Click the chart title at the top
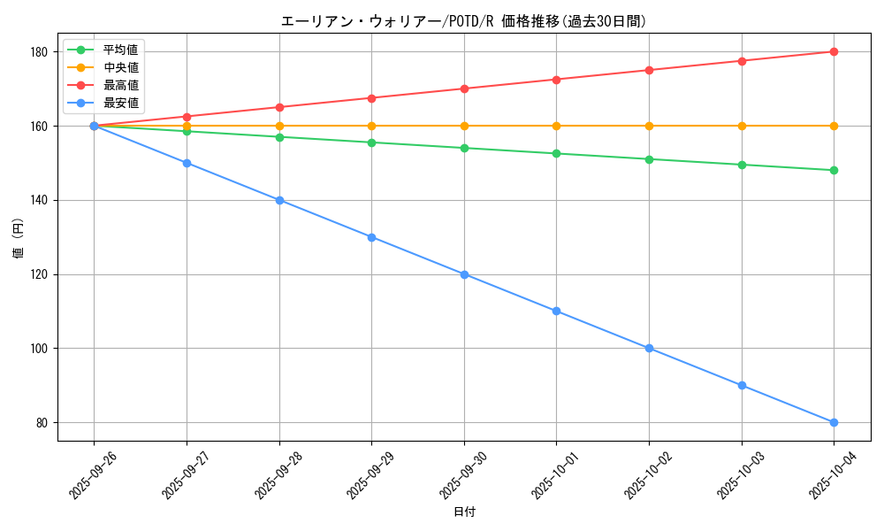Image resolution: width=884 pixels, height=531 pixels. (x=463, y=21)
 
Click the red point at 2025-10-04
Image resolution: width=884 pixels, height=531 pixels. (x=834, y=51)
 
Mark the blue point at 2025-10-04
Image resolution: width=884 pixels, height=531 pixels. (x=834, y=422)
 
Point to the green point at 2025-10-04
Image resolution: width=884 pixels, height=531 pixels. (x=834, y=170)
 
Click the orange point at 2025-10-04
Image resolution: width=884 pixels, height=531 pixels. (x=834, y=126)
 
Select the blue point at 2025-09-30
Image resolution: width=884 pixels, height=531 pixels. (x=464, y=274)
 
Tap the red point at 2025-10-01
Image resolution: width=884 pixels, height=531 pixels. (x=556, y=80)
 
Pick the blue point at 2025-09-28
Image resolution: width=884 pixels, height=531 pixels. (x=279, y=200)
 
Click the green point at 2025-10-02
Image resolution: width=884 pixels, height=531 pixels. (x=649, y=159)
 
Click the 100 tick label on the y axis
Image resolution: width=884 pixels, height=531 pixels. (x=42, y=349)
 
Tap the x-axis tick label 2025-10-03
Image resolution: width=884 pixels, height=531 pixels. (x=735, y=474)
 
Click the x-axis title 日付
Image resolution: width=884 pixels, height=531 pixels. (x=464, y=512)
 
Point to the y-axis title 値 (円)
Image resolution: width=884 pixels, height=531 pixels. (x=19, y=240)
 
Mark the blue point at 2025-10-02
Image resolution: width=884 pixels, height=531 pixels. (x=649, y=348)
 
